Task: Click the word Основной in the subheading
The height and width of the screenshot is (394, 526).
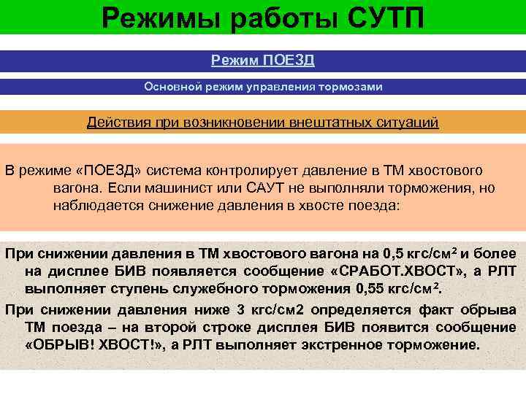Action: click(x=172, y=87)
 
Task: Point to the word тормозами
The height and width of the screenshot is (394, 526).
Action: click(x=348, y=87)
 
